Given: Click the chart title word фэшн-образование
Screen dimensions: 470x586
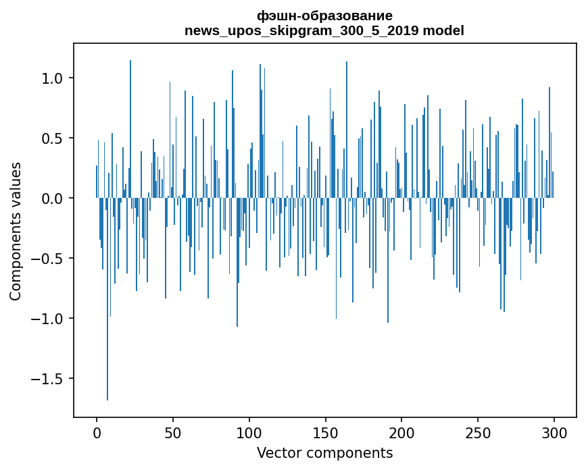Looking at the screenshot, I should (x=324, y=16).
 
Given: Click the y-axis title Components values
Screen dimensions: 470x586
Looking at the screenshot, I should (x=16, y=231).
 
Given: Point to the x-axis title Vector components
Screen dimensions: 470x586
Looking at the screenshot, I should (x=324, y=453).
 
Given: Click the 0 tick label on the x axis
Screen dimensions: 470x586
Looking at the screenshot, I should (x=97, y=432).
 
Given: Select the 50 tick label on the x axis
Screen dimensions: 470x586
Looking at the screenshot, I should (x=173, y=432).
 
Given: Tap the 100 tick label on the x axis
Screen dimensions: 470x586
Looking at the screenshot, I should (x=249, y=432).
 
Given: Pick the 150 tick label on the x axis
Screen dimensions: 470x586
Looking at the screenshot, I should (x=326, y=432).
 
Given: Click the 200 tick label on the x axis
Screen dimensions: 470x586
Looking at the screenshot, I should (x=402, y=432).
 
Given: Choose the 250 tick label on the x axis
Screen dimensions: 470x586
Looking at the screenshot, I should (x=479, y=432).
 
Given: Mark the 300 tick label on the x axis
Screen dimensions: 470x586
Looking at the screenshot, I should (x=554, y=432).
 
